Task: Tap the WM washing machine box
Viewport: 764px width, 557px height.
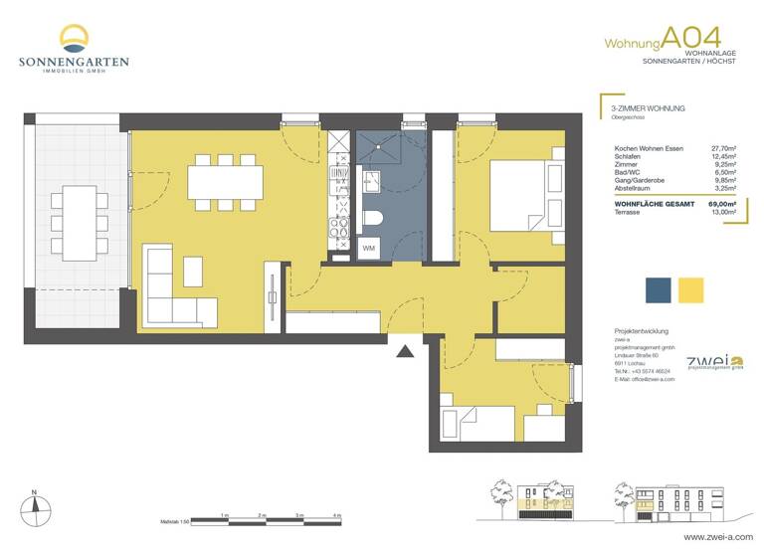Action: tap(368, 248)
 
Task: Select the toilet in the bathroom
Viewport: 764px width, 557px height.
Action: tap(373, 220)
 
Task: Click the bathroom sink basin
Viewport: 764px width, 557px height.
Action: tap(372, 181)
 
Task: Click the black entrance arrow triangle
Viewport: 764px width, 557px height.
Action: tap(403, 350)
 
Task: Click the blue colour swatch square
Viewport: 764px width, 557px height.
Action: tap(658, 289)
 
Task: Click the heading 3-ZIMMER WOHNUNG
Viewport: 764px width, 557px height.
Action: tap(649, 107)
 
